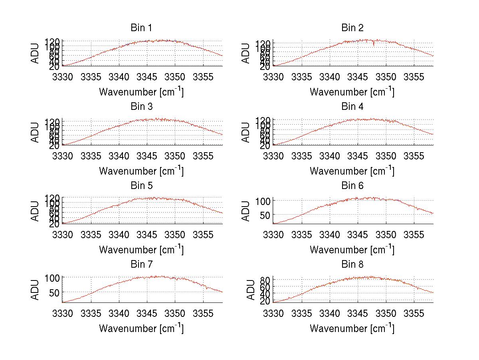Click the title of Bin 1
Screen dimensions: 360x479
click(141, 28)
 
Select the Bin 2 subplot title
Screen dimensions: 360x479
click(352, 28)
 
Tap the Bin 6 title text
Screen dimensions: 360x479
click(352, 186)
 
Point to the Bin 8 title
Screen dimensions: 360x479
click(352, 265)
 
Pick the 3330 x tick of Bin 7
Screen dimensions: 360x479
click(63, 313)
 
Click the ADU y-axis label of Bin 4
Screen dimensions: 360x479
click(246, 132)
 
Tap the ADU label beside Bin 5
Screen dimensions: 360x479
click(36, 211)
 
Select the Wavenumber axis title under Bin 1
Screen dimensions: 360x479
click(141, 92)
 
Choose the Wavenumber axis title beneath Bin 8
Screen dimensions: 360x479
click(352, 328)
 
